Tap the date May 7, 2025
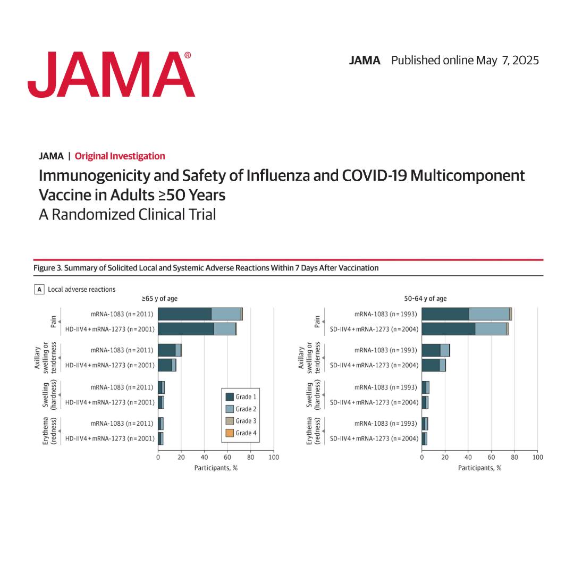coord(507,60)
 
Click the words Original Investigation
coord(120,156)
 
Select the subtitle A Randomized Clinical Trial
coord(127,215)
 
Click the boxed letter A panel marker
coord(39,290)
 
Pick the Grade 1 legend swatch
coord(230,396)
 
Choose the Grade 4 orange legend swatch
coord(230,433)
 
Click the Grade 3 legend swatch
coord(230,421)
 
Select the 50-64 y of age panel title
coord(425,299)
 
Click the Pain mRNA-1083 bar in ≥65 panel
coord(200,314)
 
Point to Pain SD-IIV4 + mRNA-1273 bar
coord(465,329)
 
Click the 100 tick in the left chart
coord(273,457)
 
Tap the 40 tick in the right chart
coord(468,457)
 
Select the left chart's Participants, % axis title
coord(216,468)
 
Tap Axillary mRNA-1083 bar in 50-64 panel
coord(435,350)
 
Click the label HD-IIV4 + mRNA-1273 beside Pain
coord(109,329)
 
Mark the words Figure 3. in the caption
coord(47,268)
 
